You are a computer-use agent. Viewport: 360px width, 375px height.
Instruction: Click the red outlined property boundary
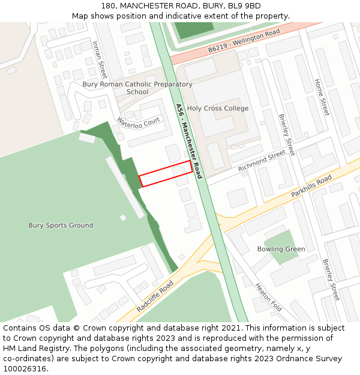166,173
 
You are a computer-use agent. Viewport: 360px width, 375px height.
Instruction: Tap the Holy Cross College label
218,109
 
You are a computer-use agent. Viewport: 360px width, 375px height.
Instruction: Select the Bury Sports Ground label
61,226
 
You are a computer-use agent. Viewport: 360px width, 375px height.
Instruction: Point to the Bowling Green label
281,249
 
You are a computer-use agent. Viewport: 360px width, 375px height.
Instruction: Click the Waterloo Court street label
139,122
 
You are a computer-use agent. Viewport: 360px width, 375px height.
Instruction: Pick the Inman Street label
99,59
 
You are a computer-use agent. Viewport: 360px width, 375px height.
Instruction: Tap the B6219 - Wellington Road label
244,41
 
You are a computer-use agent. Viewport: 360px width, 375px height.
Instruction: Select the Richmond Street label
262,161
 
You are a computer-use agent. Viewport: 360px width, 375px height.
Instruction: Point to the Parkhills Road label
311,187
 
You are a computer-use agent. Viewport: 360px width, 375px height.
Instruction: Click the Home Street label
322,97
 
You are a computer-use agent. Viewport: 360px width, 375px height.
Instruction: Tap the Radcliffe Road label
154,295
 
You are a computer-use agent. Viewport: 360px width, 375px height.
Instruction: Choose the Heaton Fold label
268,297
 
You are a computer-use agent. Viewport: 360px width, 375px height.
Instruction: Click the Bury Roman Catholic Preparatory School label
137,88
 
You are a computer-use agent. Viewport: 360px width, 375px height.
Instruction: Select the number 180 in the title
109,6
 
